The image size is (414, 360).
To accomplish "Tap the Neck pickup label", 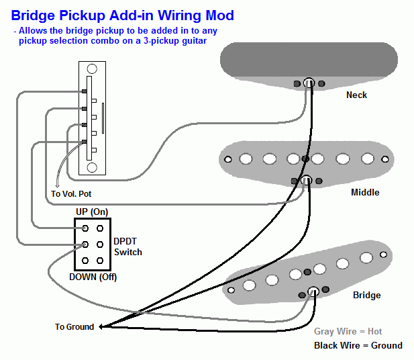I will point(356,95).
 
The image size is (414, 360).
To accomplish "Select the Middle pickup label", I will point(365,193).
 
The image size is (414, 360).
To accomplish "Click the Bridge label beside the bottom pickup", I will point(366,295).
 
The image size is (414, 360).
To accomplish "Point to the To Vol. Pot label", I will point(71,194).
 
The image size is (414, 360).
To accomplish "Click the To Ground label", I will point(74,327).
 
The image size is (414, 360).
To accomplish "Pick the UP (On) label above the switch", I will point(91,212).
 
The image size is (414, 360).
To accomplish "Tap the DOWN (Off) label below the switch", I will point(93,277).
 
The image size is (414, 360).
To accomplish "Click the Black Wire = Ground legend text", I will point(358,345).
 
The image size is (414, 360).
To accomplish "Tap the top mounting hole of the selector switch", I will point(93,69).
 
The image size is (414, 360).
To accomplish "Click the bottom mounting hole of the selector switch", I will point(93,167).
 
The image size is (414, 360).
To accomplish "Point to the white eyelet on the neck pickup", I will point(309,83).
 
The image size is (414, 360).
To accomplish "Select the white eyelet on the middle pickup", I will point(306,181).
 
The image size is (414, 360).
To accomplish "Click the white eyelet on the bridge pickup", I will point(313,291).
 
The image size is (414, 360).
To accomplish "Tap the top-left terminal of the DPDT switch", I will point(85,229).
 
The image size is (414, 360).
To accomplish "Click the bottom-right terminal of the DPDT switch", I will point(100,260).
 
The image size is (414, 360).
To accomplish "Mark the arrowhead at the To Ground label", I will point(101,327).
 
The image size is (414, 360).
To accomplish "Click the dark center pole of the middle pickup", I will point(305,159).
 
